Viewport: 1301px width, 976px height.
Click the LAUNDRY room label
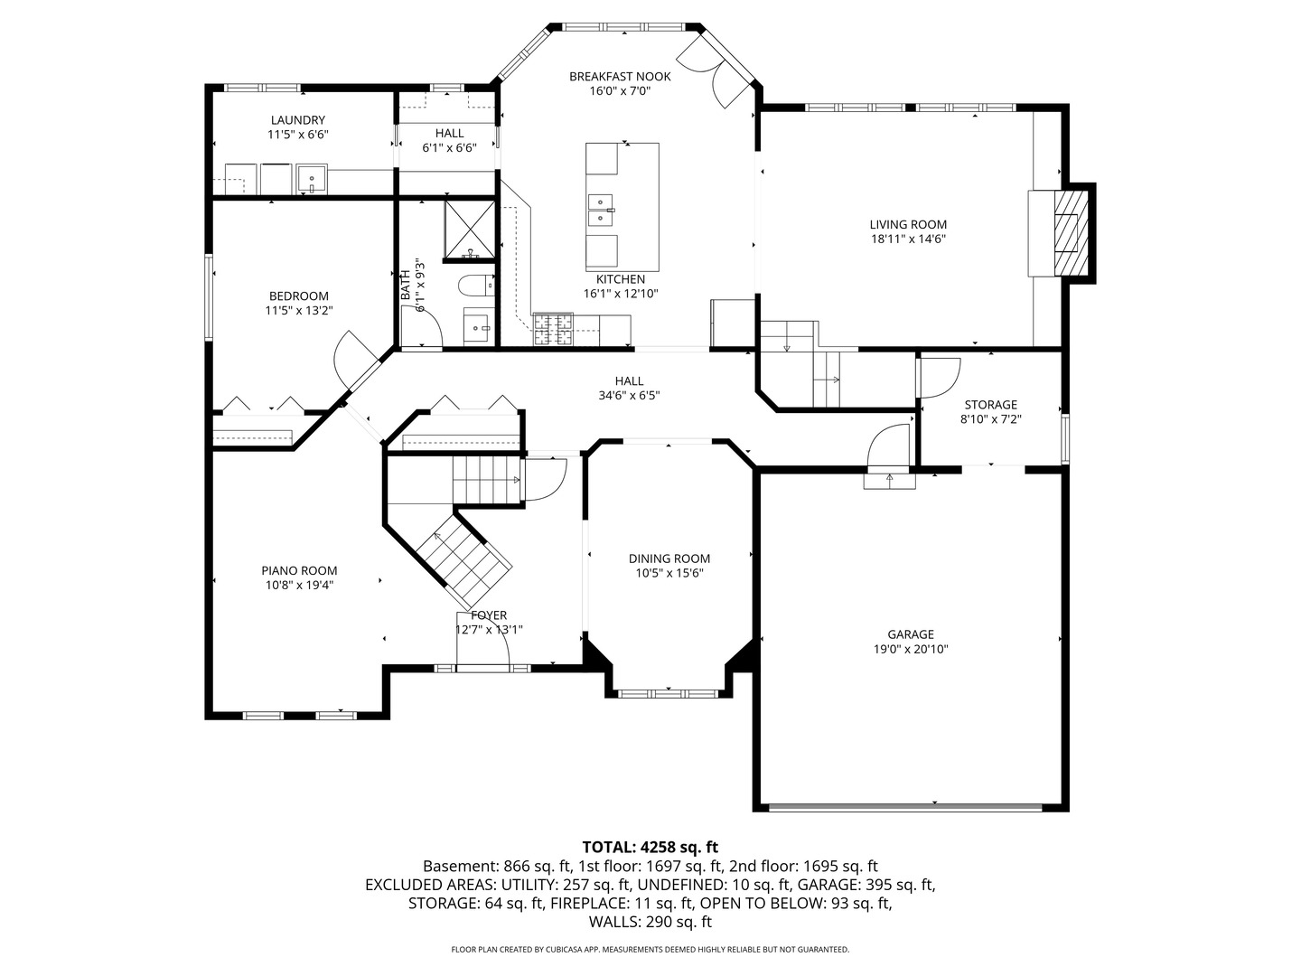[x=297, y=120]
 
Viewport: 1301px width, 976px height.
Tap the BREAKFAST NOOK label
[x=619, y=77]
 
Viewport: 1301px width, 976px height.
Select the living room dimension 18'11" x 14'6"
[x=908, y=239]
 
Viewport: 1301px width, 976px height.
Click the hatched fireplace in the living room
[x=1071, y=232]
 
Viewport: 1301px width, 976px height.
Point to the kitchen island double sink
[x=602, y=210]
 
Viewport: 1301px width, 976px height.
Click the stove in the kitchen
[x=553, y=329]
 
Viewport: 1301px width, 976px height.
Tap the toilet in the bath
[x=475, y=286]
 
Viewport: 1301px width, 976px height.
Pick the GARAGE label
[x=910, y=634]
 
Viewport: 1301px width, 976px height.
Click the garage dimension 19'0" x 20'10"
[x=910, y=649]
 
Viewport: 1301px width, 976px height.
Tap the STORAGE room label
[x=990, y=405]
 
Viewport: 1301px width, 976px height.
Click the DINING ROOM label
[x=669, y=558]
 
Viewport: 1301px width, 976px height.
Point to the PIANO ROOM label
[x=299, y=570]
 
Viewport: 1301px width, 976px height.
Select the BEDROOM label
[x=299, y=296]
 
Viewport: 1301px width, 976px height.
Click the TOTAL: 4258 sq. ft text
[x=650, y=847]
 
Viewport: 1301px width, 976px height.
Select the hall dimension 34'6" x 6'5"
[x=629, y=396]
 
